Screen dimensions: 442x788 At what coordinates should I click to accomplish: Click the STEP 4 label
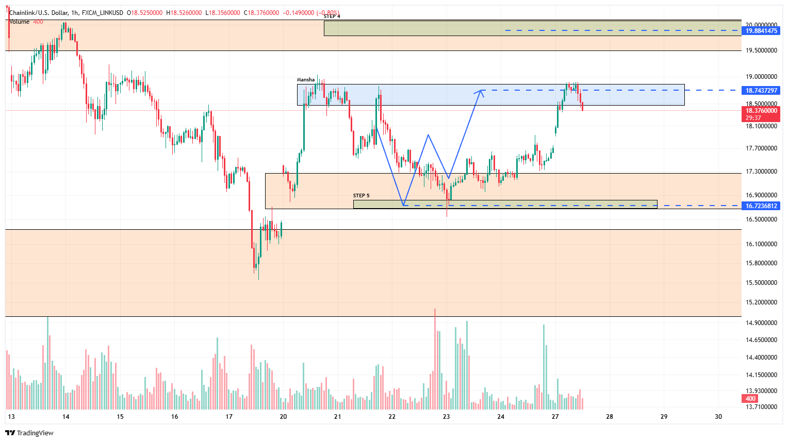pyautogui.click(x=332, y=16)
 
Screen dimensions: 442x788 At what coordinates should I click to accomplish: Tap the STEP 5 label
pyautogui.click(x=361, y=196)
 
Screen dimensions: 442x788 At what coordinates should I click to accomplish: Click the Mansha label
pyautogui.click(x=305, y=80)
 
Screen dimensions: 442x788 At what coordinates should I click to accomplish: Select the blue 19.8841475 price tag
pyautogui.click(x=761, y=31)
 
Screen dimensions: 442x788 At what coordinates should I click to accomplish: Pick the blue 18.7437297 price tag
pyautogui.click(x=761, y=91)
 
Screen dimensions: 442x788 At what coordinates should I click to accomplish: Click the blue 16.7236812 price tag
pyautogui.click(x=761, y=206)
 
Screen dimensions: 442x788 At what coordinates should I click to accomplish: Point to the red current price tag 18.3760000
pyautogui.click(x=761, y=111)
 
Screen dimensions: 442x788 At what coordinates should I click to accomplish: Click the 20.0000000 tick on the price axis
pyautogui.click(x=761, y=25)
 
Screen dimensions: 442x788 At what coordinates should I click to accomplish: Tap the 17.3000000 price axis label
pyautogui.click(x=761, y=172)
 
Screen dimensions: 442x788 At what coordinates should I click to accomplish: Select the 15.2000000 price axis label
pyautogui.click(x=761, y=302)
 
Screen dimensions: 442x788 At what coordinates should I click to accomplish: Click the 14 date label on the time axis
pyautogui.click(x=65, y=417)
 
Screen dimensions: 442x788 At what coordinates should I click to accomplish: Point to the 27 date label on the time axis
pyautogui.click(x=555, y=417)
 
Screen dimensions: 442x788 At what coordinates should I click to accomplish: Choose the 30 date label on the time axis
pyautogui.click(x=718, y=417)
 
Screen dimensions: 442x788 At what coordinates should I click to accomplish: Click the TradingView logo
pyautogui.click(x=29, y=433)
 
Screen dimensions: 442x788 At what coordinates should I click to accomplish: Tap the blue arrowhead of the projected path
pyautogui.click(x=481, y=92)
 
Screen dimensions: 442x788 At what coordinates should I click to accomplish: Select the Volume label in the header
pyautogui.click(x=20, y=22)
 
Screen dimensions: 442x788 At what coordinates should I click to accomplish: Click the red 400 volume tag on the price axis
pyautogui.click(x=750, y=399)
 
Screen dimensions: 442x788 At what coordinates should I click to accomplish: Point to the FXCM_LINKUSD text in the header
pyautogui.click(x=102, y=13)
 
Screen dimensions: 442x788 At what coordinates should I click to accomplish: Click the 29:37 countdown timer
pyautogui.click(x=753, y=118)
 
